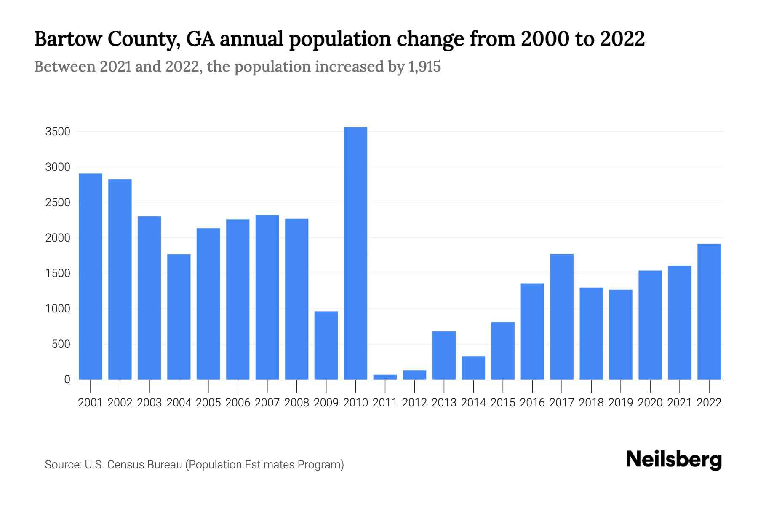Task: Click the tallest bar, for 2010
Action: point(355,253)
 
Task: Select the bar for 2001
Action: point(90,276)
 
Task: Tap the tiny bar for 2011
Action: point(385,377)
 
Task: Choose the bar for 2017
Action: point(562,316)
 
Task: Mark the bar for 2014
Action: point(473,368)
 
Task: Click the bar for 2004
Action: point(179,316)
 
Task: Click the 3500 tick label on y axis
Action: point(57,132)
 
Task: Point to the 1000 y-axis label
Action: point(57,309)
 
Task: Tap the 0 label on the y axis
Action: point(67,379)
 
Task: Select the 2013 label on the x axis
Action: point(444,403)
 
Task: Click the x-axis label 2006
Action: point(238,403)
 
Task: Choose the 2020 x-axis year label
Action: point(650,403)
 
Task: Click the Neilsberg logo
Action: point(674,460)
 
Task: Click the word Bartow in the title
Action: point(67,39)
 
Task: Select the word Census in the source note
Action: point(125,465)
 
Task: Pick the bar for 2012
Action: point(414,375)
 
